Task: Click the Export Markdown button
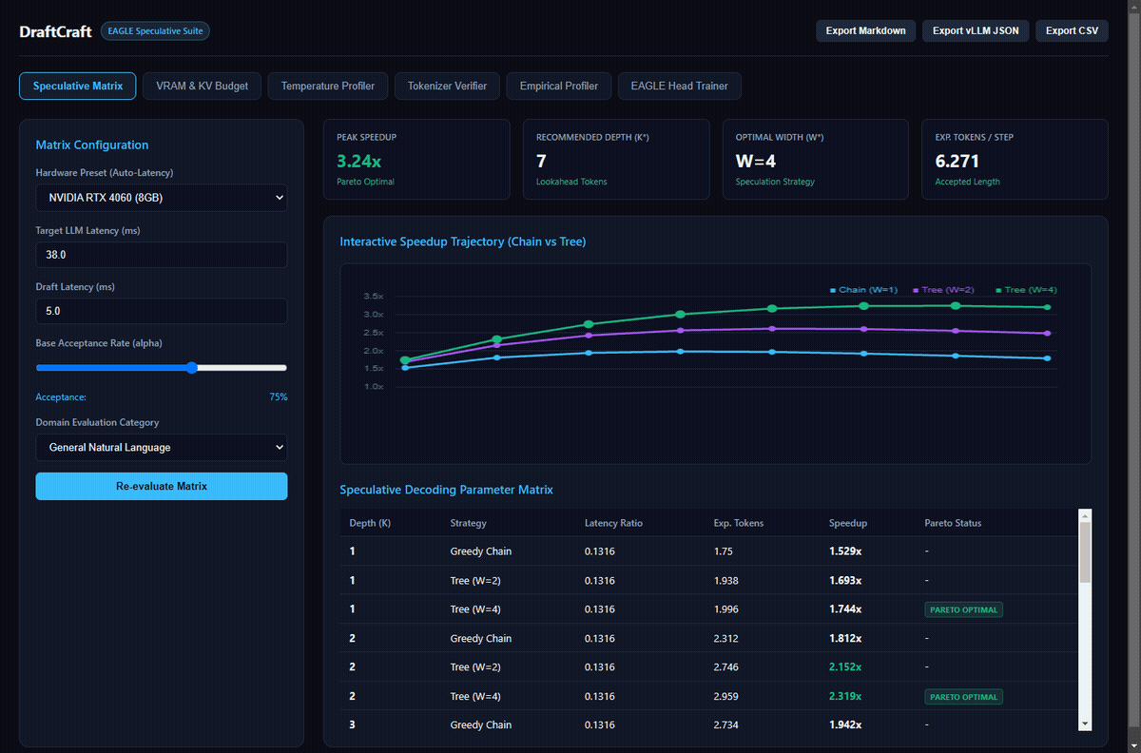(x=865, y=30)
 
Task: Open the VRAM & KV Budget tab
(x=202, y=87)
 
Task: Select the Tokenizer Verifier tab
(x=447, y=87)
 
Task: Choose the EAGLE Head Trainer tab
(x=679, y=87)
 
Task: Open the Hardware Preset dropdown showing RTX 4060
(x=162, y=198)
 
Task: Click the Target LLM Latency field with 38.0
(x=162, y=255)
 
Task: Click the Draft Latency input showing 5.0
(x=162, y=311)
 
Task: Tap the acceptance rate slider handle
(x=191, y=368)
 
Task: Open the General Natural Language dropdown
(x=162, y=447)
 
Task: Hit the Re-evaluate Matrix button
(x=162, y=486)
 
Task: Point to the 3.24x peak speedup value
(x=358, y=162)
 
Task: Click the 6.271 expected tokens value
(x=957, y=162)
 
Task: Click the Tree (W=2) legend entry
(x=943, y=290)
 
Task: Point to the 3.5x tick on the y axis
(x=374, y=296)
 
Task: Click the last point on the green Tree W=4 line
(x=1047, y=307)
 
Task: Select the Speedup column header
(x=847, y=523)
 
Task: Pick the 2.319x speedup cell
(x=845, y=697)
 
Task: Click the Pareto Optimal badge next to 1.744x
(x=963, y=609)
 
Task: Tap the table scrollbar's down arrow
(x=1085, y=724)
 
